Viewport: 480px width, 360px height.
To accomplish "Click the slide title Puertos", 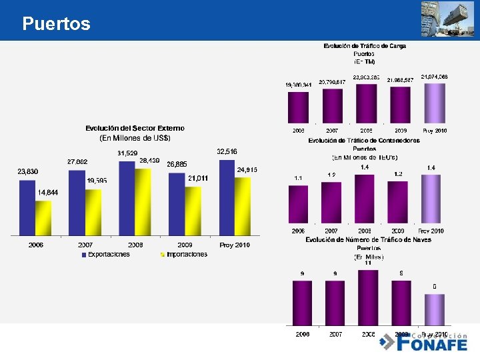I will [56, 24].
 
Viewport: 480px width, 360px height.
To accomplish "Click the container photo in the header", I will [447, 18].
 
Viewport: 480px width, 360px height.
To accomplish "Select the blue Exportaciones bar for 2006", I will [27, 207].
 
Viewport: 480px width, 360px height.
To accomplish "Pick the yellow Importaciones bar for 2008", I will [143, 201].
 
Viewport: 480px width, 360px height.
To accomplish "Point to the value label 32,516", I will [227, 152].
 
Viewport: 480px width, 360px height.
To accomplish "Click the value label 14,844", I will [47, 192].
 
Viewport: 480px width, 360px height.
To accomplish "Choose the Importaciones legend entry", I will [184, 254].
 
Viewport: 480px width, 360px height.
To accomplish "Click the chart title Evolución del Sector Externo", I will [135, 128].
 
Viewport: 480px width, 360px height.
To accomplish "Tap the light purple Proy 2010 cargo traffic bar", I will [434, 103].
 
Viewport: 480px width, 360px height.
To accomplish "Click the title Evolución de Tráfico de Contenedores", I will [364, 141].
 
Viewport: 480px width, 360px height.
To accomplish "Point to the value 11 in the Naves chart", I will [367, 263].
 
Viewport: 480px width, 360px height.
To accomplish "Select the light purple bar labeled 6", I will [434, 309].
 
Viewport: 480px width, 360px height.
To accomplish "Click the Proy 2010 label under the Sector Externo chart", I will [235, 245].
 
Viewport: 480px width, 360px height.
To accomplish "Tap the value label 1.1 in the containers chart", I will [298, 179].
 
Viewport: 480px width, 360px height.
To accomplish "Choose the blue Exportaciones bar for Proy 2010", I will [227, 197].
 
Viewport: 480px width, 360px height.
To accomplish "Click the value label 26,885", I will [177, 164].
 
